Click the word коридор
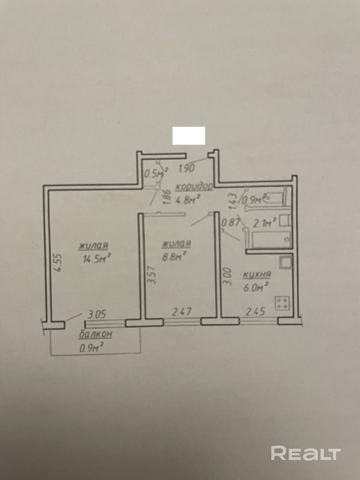(194, 187)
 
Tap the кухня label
(257, 275)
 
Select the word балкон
(96, 334)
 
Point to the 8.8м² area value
(174, 256)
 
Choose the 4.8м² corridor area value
(188, 199)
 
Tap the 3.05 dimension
(97, 315)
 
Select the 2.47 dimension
(182, 312)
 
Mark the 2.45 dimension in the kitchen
(255, 312)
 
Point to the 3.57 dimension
(152, 274)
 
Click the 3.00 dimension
(227, 276)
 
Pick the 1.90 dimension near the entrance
(186, 168)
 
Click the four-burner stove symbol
(282, 303)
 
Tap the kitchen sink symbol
(285, 262)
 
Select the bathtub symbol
(271, 240)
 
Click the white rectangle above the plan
(189, 136)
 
